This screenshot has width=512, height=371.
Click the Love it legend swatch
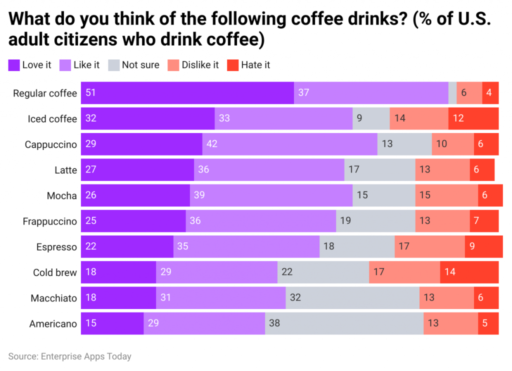coord(14,65)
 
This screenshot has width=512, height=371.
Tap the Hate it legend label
coord(255,65)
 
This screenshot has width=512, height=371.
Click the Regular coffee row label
coord(45,93)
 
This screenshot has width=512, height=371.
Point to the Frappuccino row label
coord(50,221)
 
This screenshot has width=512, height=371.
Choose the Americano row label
coord(53,324)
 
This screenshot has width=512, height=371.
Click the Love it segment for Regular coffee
coord(187,93)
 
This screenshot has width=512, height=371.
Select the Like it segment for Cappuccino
coord(289,144)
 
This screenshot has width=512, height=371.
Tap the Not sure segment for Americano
coord(344,323)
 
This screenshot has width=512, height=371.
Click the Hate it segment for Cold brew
coord(469,272)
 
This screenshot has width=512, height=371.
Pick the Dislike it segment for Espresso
coord(429,247)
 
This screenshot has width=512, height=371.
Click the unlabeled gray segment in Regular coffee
coord(452,93)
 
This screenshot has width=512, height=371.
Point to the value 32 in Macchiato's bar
coord(295,298)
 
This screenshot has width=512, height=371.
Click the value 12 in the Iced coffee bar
coord(458,119)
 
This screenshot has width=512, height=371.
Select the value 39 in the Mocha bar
coord(199,195)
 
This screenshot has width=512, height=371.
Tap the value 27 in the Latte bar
coord(91,170)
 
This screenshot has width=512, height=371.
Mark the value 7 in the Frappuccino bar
coord(476,221)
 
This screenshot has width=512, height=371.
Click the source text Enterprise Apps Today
coord(86,356)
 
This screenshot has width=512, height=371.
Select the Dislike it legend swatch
coord(173,65)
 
